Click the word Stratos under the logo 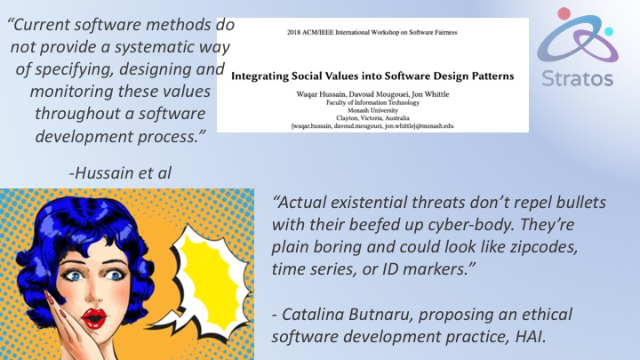coord(577,78)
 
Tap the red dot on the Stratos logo coord(564,13)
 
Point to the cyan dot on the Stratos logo coord(609,31)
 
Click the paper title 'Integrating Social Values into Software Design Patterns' coord(372,76)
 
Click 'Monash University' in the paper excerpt coord(372,110)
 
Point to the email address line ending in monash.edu coord(372,126)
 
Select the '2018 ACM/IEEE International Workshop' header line coord(372,32)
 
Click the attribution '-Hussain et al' coord(120,173)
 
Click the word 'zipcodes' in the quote coord(543,247)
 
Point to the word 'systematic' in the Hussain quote coord(156,47)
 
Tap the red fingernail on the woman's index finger coord(48,297)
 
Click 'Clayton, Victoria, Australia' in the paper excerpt coord(372,118)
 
